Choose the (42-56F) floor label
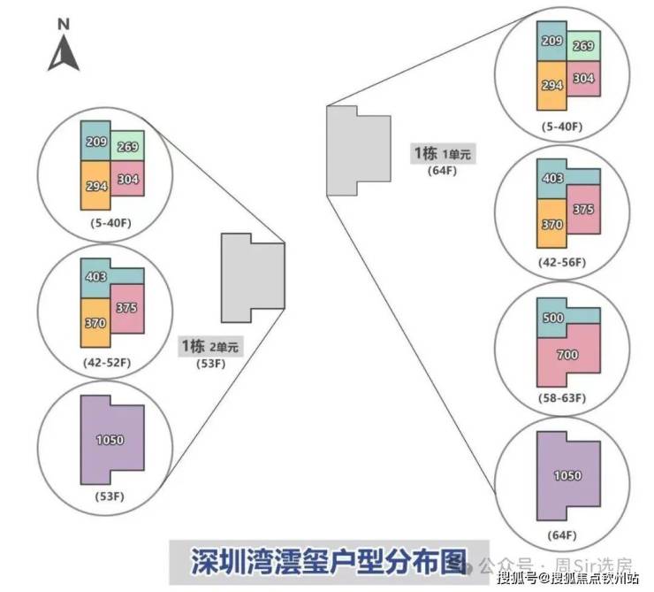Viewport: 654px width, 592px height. [x=563, y=263]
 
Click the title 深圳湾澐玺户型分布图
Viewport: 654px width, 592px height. [x=329, y=562]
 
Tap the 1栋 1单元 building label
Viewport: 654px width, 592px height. [x=442, y=154]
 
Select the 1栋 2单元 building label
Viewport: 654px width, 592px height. [x=209, y=346]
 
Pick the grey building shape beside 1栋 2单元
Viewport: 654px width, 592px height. [x=252, y=278]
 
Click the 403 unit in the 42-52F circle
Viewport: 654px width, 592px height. [x=96, y=277]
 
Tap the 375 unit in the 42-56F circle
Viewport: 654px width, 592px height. [x=582, y=210]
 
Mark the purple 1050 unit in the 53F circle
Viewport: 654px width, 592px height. [x=110, y=440]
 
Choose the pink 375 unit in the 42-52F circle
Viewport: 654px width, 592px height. [x=127, y=307]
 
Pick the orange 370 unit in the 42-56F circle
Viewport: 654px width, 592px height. [x=552, y=224]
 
